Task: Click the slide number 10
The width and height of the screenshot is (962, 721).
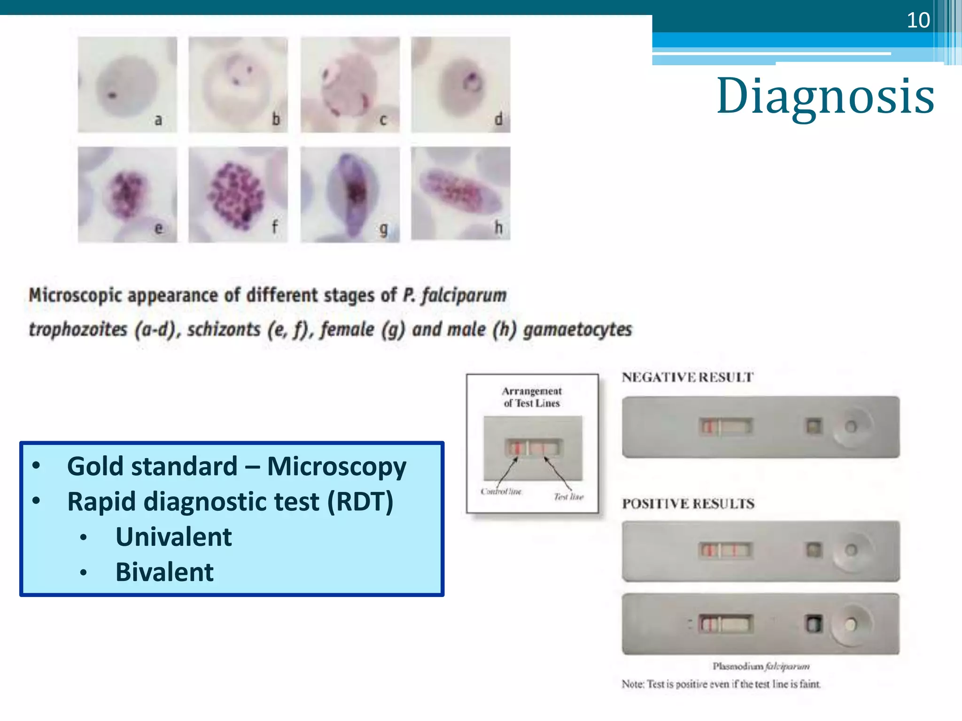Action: [918, 20]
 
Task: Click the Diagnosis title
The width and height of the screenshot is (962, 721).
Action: [825, 96]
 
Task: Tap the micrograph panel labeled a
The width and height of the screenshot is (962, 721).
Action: [127, 84]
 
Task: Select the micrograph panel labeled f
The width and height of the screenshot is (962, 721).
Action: [238, 194]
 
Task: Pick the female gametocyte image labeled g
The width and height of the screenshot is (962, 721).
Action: [350, 194]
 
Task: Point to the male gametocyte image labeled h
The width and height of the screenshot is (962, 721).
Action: [460, 193]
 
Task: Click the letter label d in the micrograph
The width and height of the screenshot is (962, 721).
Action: [498, 119]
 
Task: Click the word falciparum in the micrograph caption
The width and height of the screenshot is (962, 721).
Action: [464, 296]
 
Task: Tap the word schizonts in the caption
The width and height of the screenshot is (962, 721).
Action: [224, 330]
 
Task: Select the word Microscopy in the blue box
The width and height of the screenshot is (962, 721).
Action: [336, 467]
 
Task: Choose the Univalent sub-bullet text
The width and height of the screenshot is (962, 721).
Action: [173, 537]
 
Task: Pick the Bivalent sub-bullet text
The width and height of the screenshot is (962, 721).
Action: [164, 572]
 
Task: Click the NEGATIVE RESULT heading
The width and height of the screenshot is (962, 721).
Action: [687, 377]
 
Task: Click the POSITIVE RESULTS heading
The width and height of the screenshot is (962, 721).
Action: [688, 504]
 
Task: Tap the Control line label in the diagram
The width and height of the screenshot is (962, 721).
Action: [501, 491]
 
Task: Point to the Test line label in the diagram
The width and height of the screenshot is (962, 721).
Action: [568, 497]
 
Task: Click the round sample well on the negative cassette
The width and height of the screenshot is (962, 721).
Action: [851, 427]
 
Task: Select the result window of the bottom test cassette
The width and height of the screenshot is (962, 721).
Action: [725, 624]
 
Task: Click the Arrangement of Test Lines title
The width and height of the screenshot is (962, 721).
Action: [532, 397]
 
